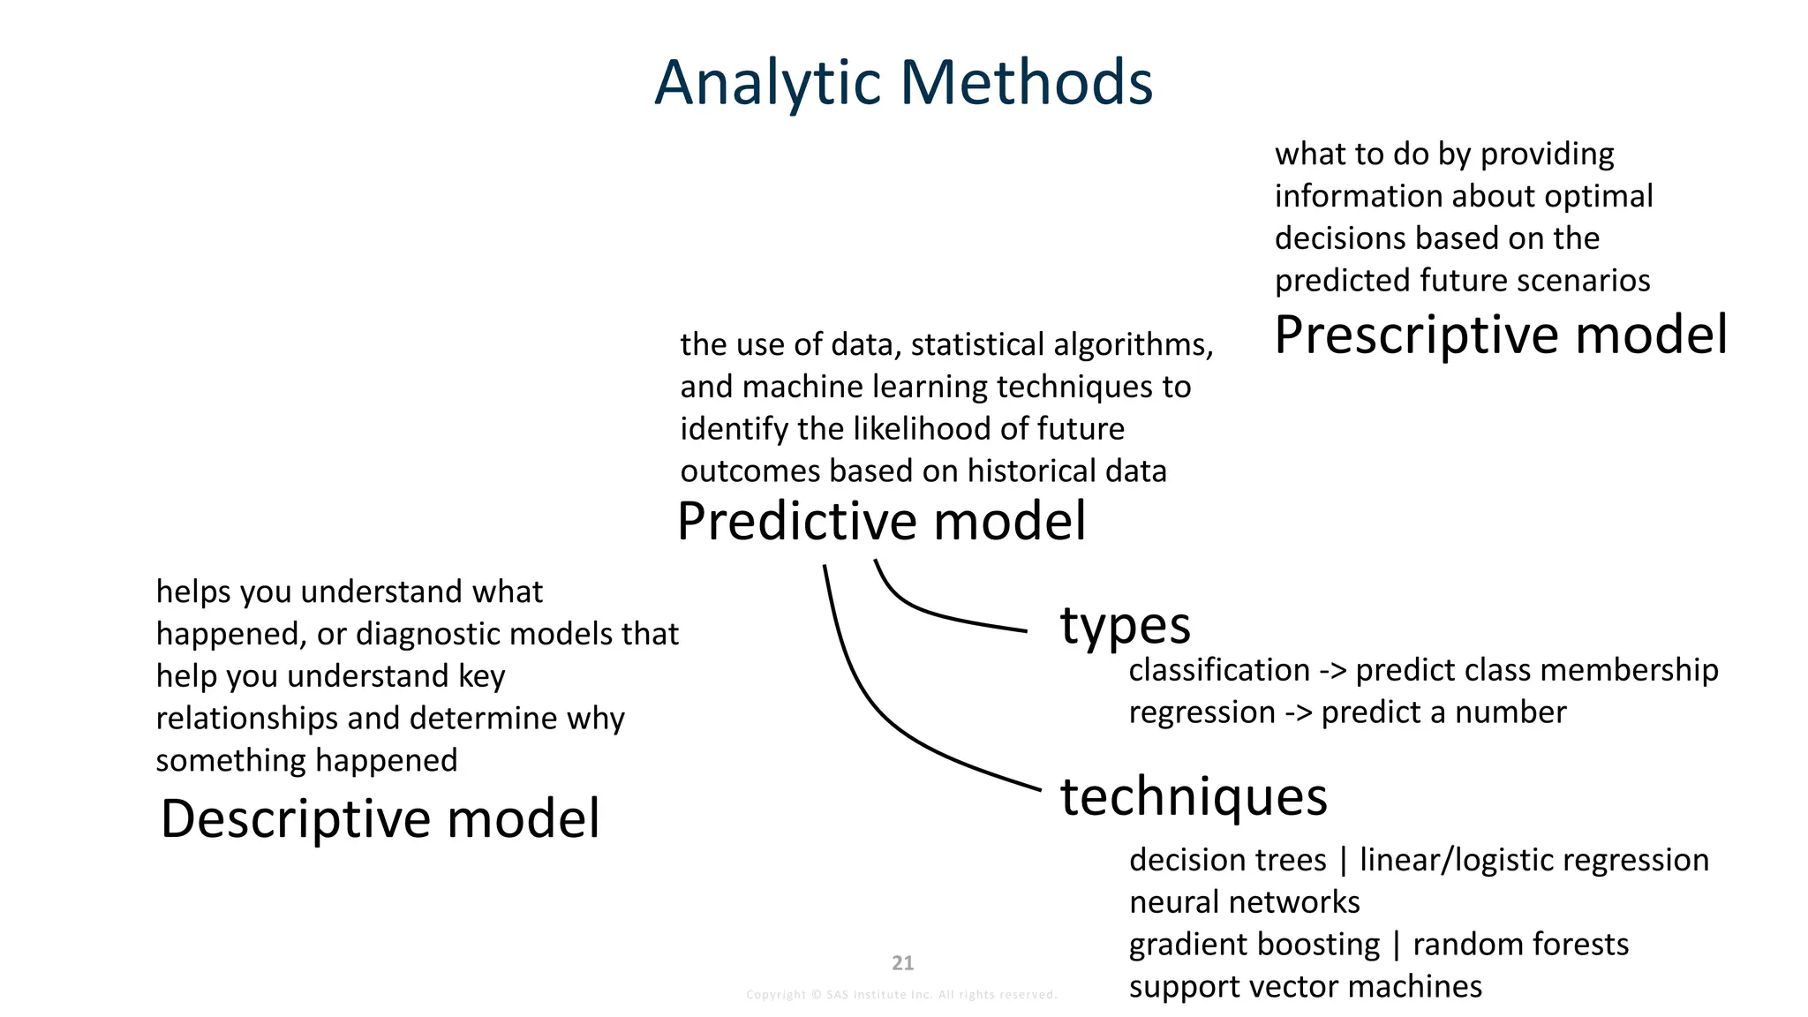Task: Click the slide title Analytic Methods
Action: pos(903,83)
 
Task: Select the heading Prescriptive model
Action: pos(1500,335)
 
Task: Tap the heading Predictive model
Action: pos(881,521)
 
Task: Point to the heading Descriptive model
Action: pos(380,818)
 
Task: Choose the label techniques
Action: pos(1194,796)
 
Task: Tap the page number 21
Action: pos(902,963)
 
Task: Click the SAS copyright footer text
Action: pos(901,995)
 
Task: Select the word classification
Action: pos(1219,671)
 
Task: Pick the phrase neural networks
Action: pos(1244,902)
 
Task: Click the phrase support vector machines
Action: pos(1305,987)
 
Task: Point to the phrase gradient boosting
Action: pos(1254,945)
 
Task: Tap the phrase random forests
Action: pos(1520,945)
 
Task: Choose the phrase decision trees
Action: pos(1227,860)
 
